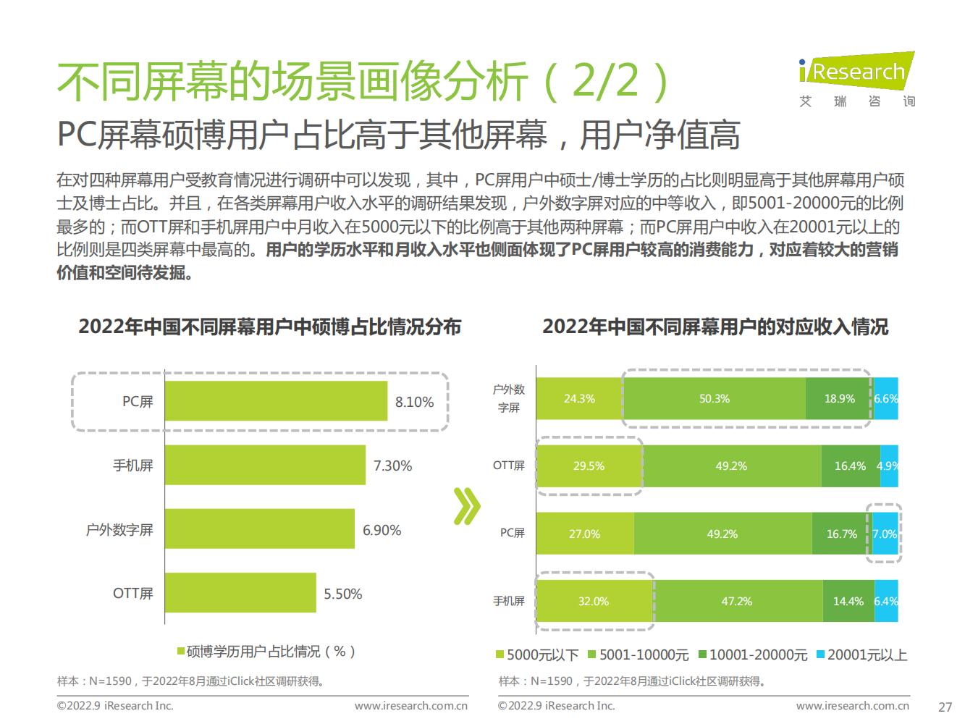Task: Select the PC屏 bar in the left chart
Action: tap(275, 401)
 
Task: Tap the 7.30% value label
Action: tap(392, 466)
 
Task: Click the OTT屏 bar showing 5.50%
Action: tap(240, 593)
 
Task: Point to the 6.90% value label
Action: tap(382, 530)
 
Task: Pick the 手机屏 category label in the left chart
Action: tap(133, 466)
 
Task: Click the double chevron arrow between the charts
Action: tap(467, 506)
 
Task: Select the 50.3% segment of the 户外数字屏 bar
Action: tap(714, 399)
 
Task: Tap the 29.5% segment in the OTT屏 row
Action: tap(589, 466)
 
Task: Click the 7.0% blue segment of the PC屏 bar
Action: tap(885, 534)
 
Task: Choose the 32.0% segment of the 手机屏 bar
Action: tap(594, 601)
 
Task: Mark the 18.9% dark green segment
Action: tap(839, 399)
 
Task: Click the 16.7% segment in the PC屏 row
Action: tap(841, 534)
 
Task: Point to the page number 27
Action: tap(945, 707)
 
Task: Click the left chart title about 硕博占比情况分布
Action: tap(269, 327)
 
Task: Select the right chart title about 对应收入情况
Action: tap(715, 327)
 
